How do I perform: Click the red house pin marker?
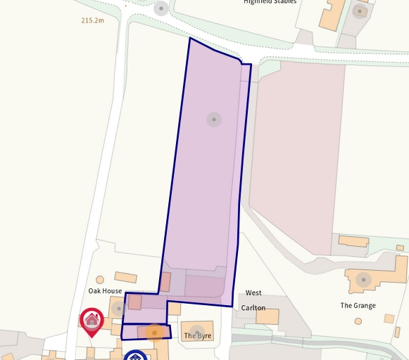[92, 321]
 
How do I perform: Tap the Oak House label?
[105, 291]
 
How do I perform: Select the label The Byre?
[197, 336]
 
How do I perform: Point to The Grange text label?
[358, 306]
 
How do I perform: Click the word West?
[253, 293]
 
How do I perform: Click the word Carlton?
[253, 308]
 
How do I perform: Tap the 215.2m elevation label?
[92, 21]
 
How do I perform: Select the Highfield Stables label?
[270, 2]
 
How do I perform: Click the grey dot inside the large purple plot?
[214, 120]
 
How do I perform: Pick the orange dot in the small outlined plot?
[154, 333]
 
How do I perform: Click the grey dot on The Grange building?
[363, 280]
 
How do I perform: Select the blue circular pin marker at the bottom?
[135, 356]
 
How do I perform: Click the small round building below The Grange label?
[358, 321]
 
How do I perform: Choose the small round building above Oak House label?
[100, 280]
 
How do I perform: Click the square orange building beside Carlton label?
[268, 316]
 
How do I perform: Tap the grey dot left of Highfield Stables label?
[161, 8]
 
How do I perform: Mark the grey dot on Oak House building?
[118, 308]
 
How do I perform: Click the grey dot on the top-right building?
[360, 11]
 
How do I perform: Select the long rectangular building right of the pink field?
[353, 241]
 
